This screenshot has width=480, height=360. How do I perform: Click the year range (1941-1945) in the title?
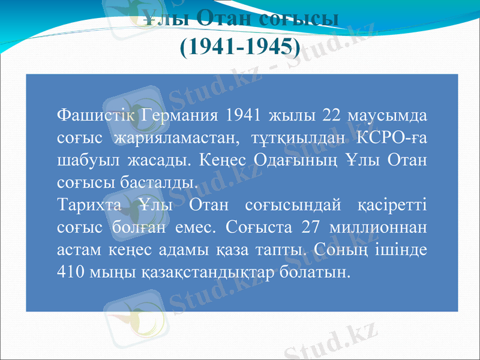(239, 46)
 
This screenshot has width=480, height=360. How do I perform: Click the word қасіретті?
(392, 205)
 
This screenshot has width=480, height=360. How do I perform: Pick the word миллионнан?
(378, 227)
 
